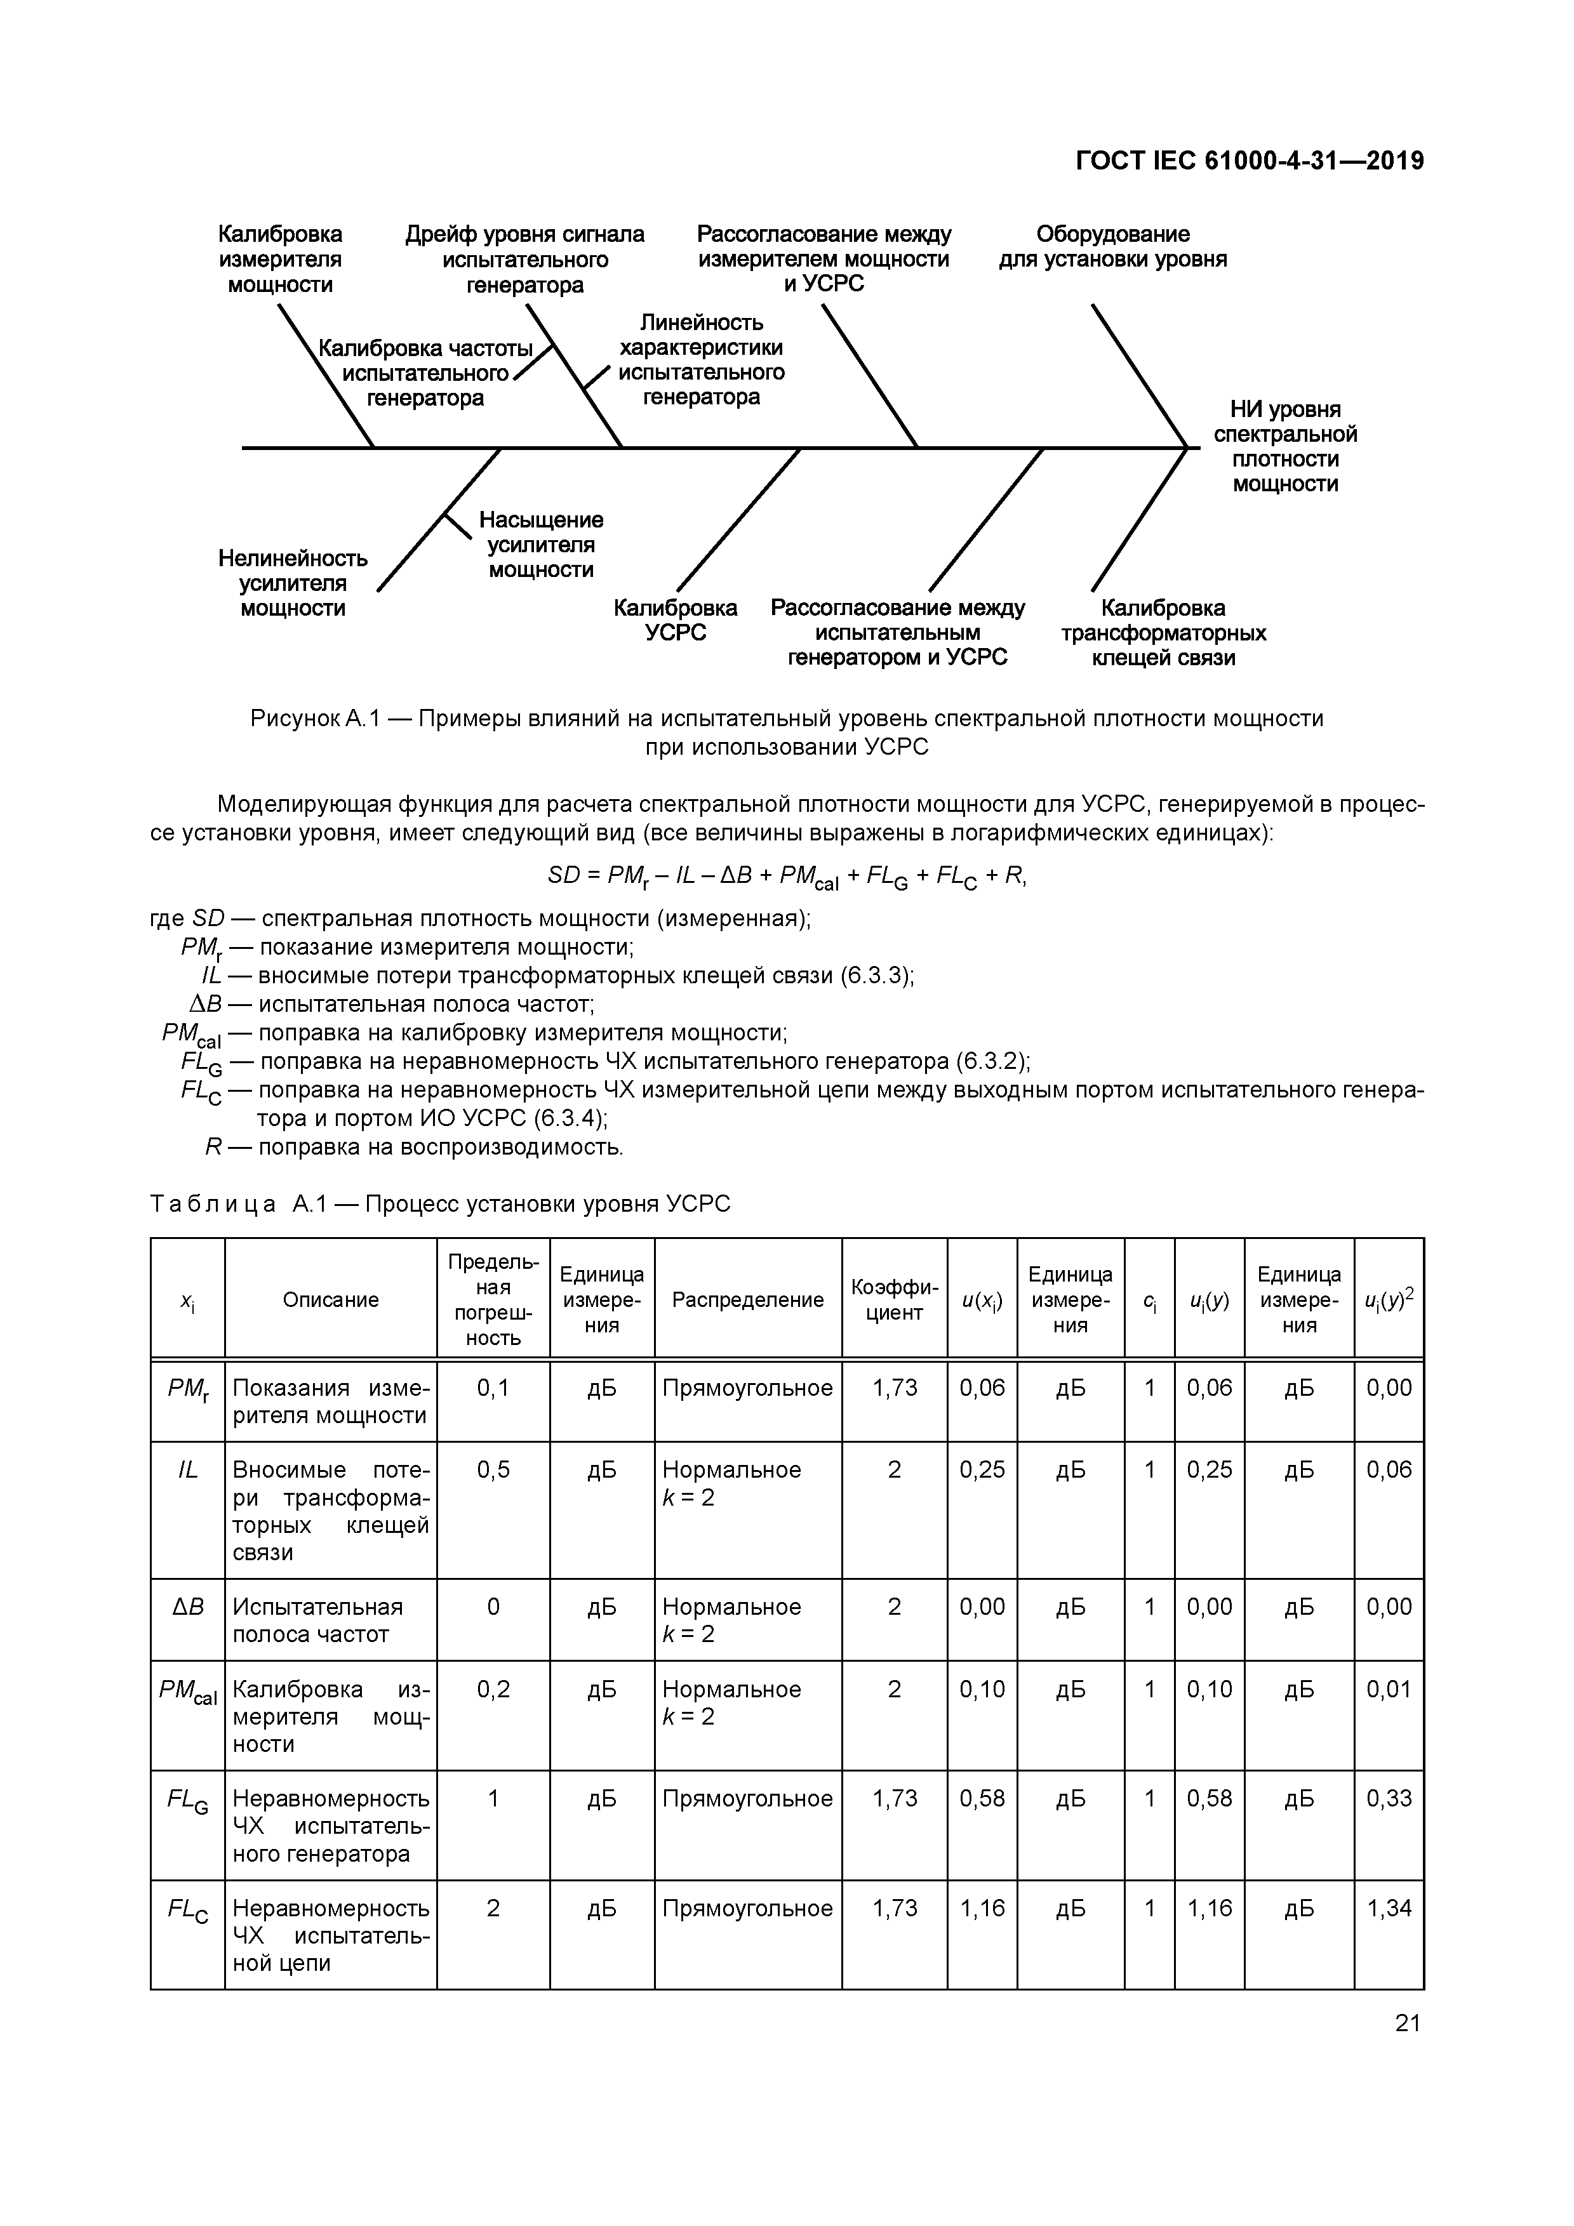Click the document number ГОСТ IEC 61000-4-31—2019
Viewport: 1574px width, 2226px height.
1249,161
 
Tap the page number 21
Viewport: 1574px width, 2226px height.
1407,2022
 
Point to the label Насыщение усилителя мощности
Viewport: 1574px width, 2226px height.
540,545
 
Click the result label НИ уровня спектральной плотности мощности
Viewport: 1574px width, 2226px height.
1285,446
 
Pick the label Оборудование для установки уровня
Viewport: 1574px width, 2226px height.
1112,246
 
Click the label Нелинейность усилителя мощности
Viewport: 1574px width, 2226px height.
293,583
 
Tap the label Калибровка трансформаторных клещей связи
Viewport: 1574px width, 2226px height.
1163,633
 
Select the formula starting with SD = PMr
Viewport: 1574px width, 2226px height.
787,877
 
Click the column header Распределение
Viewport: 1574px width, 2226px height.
748,1299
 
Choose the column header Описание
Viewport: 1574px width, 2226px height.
331,1299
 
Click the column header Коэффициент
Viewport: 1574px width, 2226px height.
894,1299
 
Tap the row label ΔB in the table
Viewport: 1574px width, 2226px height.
188,1607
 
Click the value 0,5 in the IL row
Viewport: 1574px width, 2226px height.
493,1470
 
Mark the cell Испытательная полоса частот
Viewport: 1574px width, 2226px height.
317,1620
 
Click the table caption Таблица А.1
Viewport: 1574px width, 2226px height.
439,1204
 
